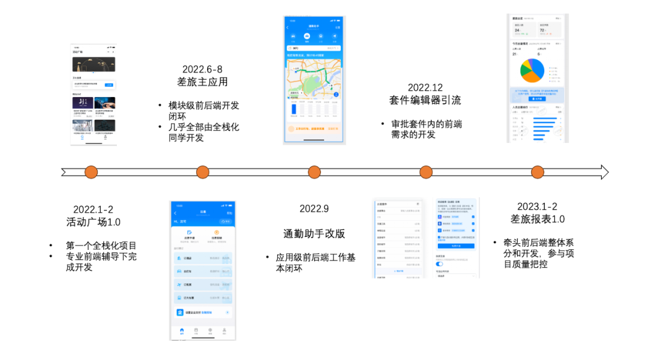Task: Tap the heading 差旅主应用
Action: point(202,82)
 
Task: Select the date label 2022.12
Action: point(425,88)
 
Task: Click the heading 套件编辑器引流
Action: point(425,100)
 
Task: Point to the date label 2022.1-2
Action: point(93,209)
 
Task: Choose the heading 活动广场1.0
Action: point(93,221)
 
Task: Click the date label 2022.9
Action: point(314,208)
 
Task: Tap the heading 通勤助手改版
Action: point(314,233)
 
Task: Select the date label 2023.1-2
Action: point(537,207)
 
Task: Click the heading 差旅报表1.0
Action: point(537,219)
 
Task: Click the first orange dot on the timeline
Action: point(91,172)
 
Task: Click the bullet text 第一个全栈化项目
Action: point(101,246)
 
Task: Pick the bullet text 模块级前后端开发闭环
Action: point(203,111)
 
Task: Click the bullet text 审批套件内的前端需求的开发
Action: point(426,129)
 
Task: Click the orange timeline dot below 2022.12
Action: point(426,172)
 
